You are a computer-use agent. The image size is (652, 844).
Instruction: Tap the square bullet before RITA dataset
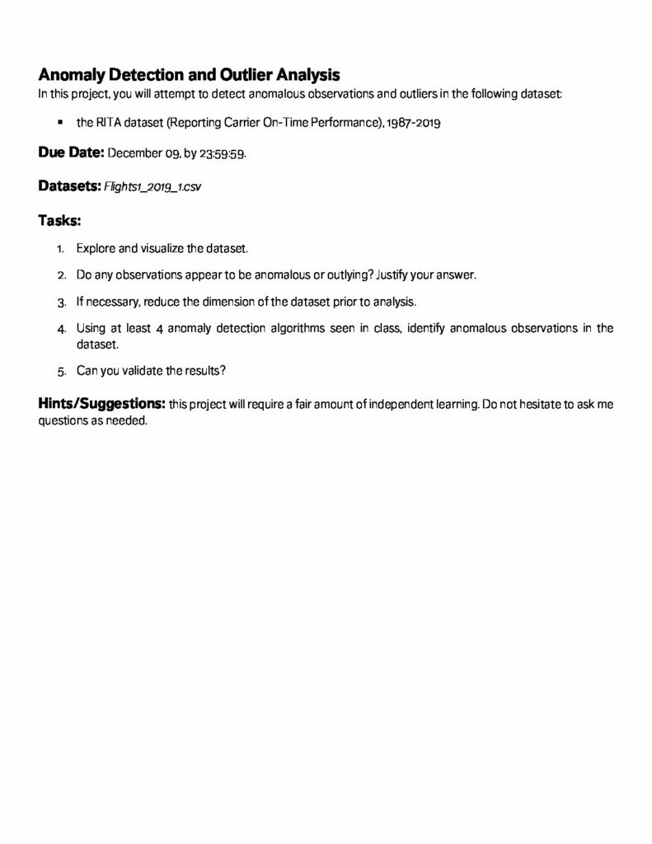[61, 123]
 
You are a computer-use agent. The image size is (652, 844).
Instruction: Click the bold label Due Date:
[71, 153]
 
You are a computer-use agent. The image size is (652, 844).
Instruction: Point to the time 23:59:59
[223, 154]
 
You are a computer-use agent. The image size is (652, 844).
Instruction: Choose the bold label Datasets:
[69, 186]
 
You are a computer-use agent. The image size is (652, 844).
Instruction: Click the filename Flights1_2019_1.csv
[152, 187]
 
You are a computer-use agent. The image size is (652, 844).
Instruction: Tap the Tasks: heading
[60, 220]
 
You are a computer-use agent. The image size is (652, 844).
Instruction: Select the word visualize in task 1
[162, 247]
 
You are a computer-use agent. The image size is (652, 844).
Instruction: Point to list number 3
[61, 302]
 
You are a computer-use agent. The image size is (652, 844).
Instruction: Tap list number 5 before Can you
[61, 372]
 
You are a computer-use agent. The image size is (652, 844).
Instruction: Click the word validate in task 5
[141, 371]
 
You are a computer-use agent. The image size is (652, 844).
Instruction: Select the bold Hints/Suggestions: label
[101, 404]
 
